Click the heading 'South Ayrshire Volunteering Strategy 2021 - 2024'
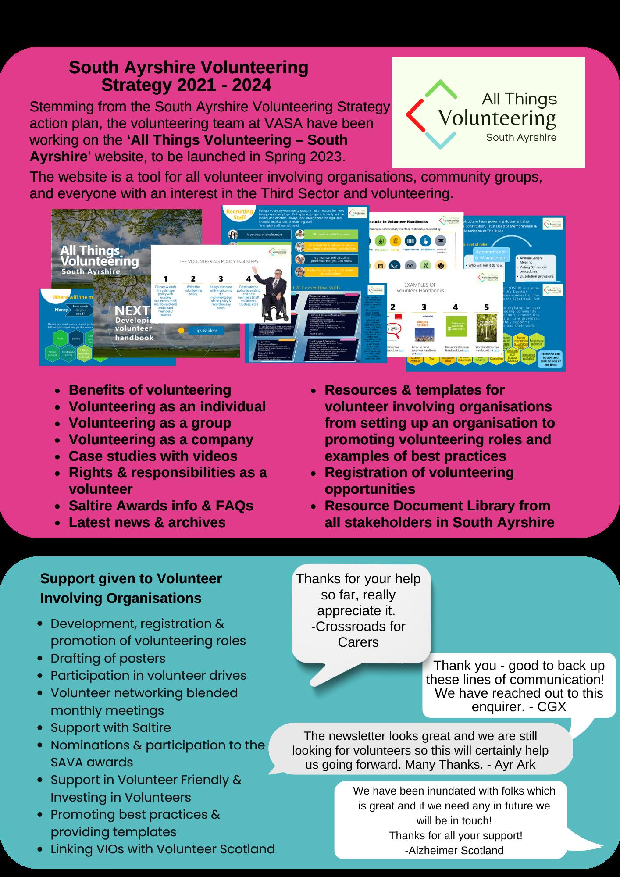click(x=189, y=76)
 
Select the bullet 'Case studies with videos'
click(x=153, y=456)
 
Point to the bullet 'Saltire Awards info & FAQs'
click(x=161, y=506)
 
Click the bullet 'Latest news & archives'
click(x=147, y=522)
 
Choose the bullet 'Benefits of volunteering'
click(x=150, y=390)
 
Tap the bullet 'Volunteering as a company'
click(x=161, y=439)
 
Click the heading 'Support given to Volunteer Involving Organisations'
click(x=131, y=588)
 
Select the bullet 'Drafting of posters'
click(x=108, y=658)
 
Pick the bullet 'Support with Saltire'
click(x=110, y=727)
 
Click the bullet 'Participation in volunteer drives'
click(x=148, y=675)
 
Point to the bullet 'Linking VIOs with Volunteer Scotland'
click(x=163, y=849)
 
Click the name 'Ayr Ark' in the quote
click(x=515, y=764)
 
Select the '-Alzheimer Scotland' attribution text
click(x=454, y=850)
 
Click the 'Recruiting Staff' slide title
click(x=239, y=214)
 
